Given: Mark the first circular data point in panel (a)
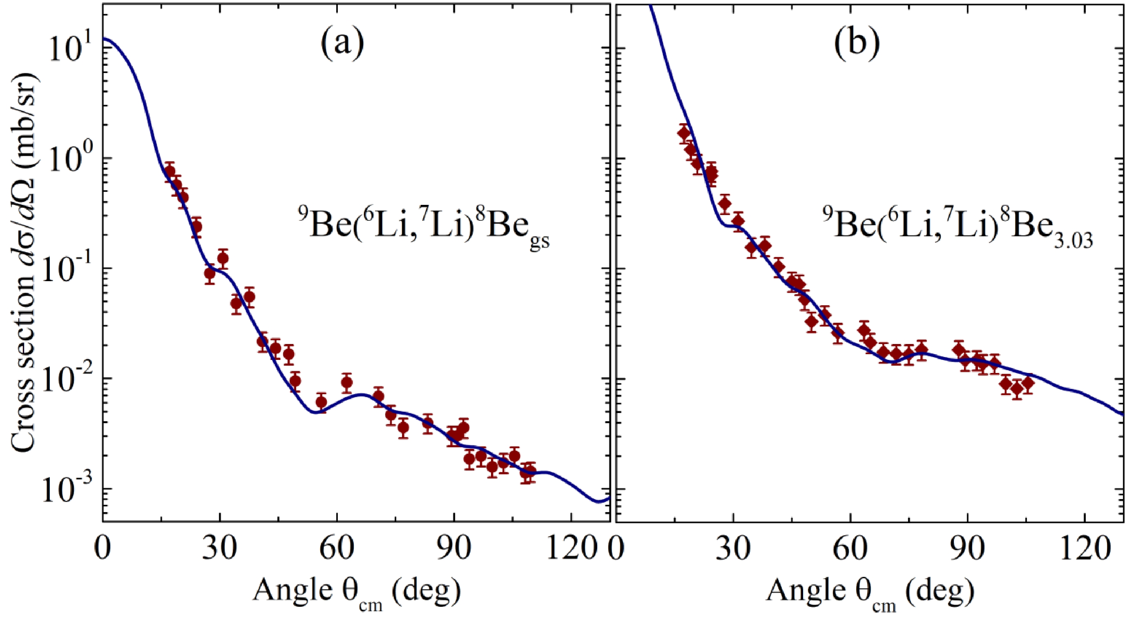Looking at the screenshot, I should point(170,171).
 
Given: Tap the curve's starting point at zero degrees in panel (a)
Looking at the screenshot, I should point(103,38).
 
